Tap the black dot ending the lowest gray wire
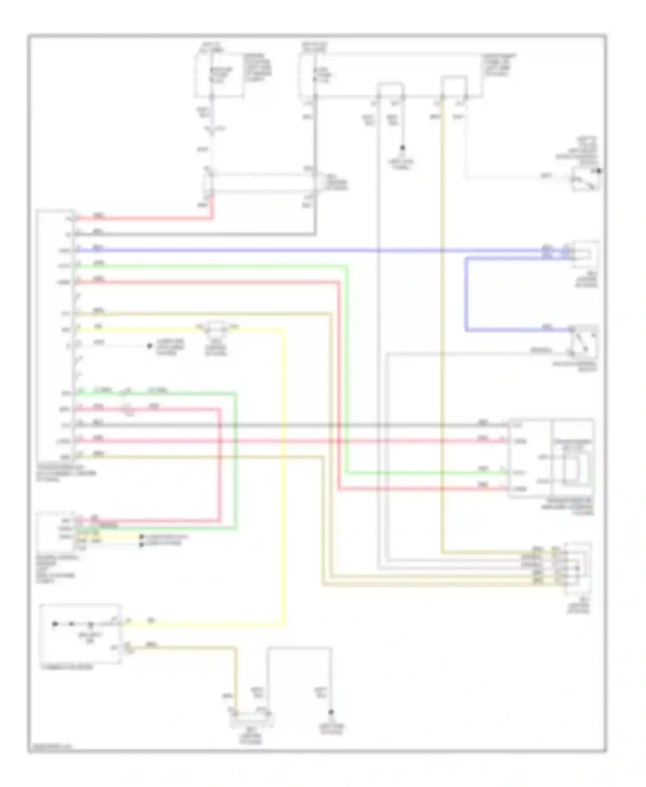point(331,713)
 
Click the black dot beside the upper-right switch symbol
point(598,171)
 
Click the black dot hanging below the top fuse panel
point(403,148)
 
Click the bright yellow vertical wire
point(284,474)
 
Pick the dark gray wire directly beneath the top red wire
point(194,235)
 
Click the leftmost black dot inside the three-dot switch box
point(55,624)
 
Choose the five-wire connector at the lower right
point(577,567)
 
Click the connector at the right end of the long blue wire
point(584,254)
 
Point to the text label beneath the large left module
point(67,473)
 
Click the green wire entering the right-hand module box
point(431,473)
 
